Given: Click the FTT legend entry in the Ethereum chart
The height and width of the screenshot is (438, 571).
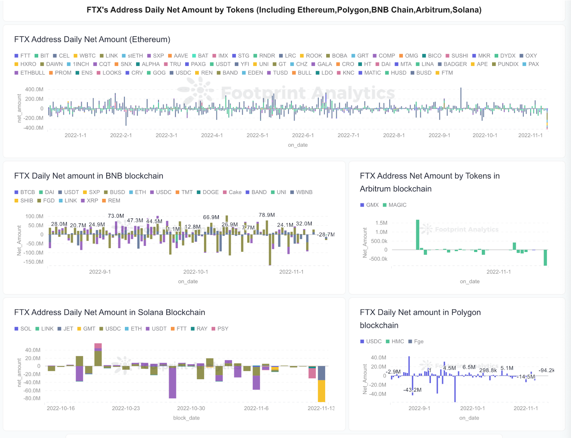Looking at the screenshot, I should [22, 56].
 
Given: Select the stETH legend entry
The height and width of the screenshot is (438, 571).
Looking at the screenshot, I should [132, 56].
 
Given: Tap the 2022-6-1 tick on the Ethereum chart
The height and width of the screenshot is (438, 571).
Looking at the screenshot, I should [303, 135].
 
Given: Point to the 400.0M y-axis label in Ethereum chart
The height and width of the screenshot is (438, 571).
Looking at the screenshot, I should [34, 89].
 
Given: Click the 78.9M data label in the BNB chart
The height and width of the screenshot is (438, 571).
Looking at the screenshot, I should [267, 215].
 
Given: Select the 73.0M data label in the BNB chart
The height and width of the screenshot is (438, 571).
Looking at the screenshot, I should [116, 216].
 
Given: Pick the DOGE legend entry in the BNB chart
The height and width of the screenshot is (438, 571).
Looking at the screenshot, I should [208, 192].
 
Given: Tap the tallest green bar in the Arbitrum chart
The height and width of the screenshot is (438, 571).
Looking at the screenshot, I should [418, 235].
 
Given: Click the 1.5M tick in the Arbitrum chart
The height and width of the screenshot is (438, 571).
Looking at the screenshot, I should [381, 223].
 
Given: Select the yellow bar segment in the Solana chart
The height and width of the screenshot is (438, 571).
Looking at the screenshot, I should [321, 391].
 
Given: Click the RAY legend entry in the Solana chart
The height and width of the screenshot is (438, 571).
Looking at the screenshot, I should [199, 329].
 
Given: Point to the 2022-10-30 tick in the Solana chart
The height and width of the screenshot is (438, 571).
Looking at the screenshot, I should [191, 408].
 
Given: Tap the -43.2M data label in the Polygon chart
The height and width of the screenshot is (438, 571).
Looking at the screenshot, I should [412, 390].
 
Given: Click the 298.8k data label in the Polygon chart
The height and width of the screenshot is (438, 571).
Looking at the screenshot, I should [488, 370].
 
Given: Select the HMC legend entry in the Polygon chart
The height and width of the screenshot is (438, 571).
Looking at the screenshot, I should [395, 341].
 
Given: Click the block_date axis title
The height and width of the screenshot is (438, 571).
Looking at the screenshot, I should [186, 418].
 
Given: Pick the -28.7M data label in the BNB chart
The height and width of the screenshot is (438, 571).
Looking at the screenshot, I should [325, 235].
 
